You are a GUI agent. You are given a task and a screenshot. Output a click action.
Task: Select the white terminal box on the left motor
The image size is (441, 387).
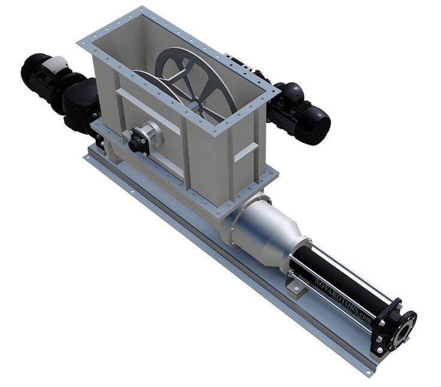coord(55,65)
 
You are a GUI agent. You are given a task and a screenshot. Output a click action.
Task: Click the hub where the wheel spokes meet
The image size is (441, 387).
coord(198,104)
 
